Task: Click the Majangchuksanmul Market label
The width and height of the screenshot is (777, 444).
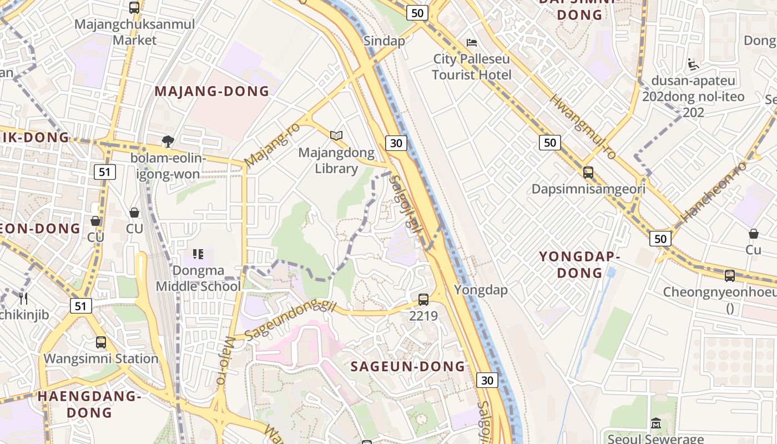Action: [x=134, y=32]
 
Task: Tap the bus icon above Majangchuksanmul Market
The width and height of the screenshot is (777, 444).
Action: [x=134, y=8]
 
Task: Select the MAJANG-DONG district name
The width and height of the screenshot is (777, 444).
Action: [x=211, y=92]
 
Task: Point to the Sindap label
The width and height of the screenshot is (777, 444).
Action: [x=384, y=41]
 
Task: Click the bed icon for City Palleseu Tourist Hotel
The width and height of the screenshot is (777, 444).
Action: [x=472, y=42]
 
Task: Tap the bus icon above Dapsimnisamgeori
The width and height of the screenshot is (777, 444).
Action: [x=588, y=173]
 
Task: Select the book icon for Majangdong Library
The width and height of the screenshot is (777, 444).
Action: [x=336, y=135]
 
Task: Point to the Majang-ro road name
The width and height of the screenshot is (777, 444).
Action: [x=272, y=144]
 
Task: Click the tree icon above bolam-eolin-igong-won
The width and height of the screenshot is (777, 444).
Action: [x=168, y=142]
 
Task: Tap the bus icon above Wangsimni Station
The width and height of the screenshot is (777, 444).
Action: [x=100, y=342]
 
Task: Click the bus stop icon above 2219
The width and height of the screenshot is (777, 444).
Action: [x=423, y=300]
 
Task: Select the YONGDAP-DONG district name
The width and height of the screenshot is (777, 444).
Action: [x=579, y=265]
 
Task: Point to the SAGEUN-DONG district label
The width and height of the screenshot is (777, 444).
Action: [x=408, y=366]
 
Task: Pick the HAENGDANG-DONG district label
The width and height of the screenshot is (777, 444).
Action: [x=89, y=404]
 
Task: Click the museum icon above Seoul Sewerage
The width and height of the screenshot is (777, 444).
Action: [x=655, y=423]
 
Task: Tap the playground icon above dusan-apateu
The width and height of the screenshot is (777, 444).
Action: [x=692, y=64]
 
